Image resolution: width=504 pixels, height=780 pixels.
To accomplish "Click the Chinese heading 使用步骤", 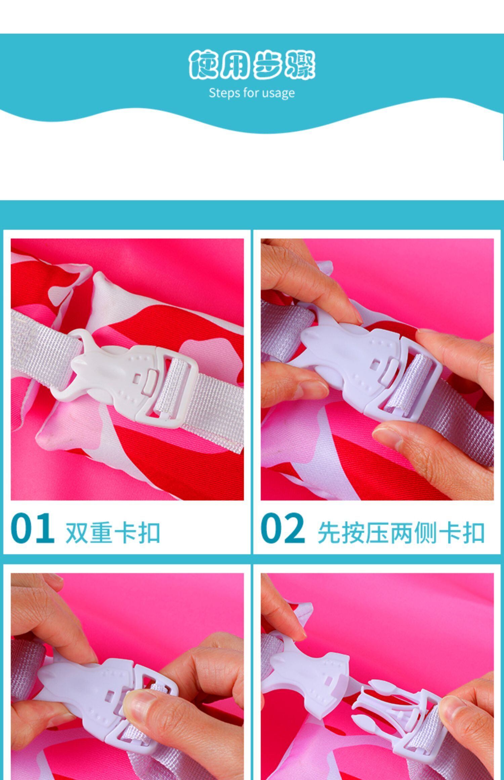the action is point(252,65).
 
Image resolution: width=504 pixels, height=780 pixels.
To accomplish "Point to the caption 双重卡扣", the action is point(113,533).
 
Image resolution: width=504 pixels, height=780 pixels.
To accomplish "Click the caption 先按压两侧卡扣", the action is point(401,533).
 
